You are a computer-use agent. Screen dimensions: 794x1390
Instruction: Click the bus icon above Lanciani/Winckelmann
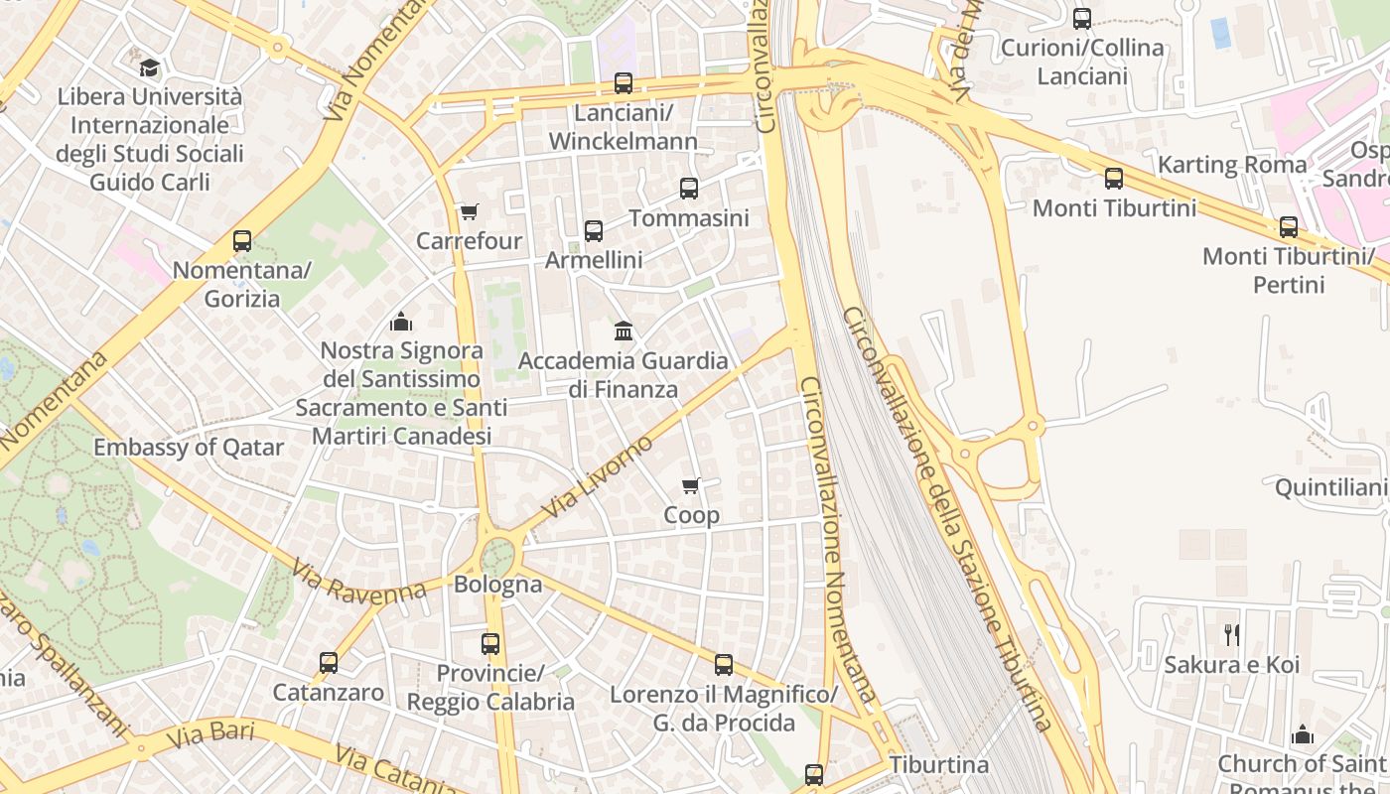pyautogui.click(x=624, y=83)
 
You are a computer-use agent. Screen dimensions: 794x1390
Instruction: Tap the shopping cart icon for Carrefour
pyautogui.click(x=469, y=211)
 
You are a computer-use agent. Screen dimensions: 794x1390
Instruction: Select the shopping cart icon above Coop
pyautogui.click(x=691, y=485)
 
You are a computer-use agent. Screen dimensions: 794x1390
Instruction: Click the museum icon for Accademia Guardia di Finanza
pyautogui.click(x=624, y=331)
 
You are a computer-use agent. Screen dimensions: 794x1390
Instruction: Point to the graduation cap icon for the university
pyautogui.click(x=149, y=67)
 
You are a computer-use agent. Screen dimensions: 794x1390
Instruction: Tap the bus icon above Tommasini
pyautogui.click(x=689, y=188)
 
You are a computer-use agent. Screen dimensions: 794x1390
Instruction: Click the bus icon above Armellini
pyautogui.click(x=594, y=231)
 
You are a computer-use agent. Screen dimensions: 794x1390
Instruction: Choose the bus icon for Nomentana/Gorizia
pyautogui.click(x=242, y=240)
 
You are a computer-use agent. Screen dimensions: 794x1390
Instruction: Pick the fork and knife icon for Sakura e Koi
pyautogui.click(x=1232, y=634)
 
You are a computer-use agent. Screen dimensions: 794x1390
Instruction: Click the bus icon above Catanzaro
pyautogui.click(x=329, y=662)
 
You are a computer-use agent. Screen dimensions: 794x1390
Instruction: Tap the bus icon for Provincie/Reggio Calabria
pyautogui.click(x=490, y=643)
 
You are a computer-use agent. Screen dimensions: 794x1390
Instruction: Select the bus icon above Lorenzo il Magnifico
pyautogui.click(x=724, y=665)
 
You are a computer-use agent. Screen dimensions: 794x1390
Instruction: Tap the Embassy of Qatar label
pyautogui.click(x=189, y=447)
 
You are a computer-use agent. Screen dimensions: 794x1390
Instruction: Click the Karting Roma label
pyautogui.click(x=1232, y=164)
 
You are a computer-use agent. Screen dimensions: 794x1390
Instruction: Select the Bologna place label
pyautogui.click(x=498, y=584)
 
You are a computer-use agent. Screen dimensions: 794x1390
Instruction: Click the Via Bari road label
pyautogui.click(x=210, y=735)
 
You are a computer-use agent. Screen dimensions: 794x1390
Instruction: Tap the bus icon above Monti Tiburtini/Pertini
pyautogui.click(x=1289, y=227)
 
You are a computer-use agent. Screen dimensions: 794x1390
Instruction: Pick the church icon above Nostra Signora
pyautogui.click(x=401, y=322)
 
